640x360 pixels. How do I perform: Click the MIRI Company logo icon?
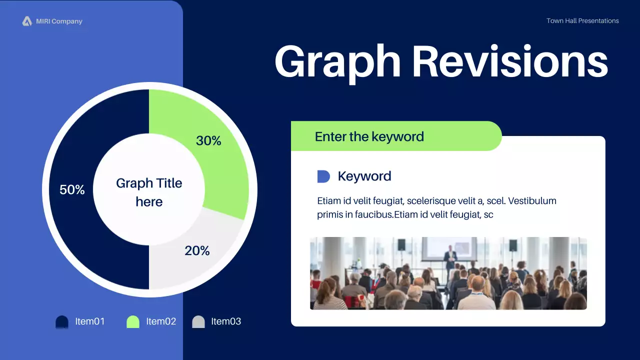pos(27,21)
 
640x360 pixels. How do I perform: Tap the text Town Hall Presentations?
pos(582,21)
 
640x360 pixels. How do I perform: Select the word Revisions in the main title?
pos(510,61)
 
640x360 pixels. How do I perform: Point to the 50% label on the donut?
pos(72,189)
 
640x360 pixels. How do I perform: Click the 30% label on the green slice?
pos(208,140)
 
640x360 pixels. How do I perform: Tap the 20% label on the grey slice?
pos(197,250)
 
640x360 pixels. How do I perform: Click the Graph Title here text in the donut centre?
pos(149,192)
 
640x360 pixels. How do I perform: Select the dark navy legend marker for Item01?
pos(62,322)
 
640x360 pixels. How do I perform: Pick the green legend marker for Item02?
pos(133,322)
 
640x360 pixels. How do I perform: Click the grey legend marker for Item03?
pos(198,322)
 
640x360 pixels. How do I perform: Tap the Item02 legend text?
pos(161,321)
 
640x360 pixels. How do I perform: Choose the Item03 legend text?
pos(226,321)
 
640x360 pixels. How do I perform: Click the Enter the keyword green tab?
pos(396,136)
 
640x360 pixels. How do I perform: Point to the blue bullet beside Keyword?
pos(323,176)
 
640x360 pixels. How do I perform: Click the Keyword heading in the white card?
pos(364,176)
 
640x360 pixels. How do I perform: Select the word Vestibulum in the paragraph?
pos(532,201)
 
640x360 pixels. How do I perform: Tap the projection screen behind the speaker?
pos(449,249)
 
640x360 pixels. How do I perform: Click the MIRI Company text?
pos(59,21)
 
